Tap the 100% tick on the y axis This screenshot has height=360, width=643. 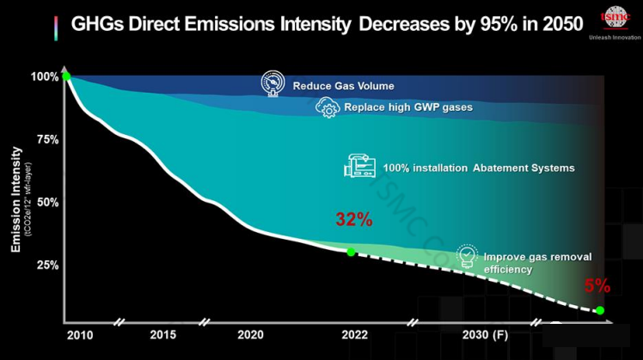(x=46, y=76)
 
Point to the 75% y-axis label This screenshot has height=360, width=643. (x=48, y=139)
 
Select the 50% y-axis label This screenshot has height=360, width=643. (x=48, y=202)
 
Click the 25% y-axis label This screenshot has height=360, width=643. (x=48, y=265)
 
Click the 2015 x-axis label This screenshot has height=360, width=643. (x=163, y=335)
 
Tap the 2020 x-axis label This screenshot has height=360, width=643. (x=249, y=335)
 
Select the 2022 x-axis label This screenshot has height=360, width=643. (x=350, y=335)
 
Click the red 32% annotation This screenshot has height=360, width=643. (x=353, y=220)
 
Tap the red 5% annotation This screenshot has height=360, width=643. (x=597, y=285)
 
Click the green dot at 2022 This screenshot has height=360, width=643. (x=351, y=252)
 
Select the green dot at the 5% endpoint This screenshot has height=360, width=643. (x=600, y=310)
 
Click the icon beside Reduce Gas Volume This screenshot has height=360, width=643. (x=273, y=83)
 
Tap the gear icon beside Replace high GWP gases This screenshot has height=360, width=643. (x=328, y=108)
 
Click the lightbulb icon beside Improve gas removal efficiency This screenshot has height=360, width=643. (x=466, y=256)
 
